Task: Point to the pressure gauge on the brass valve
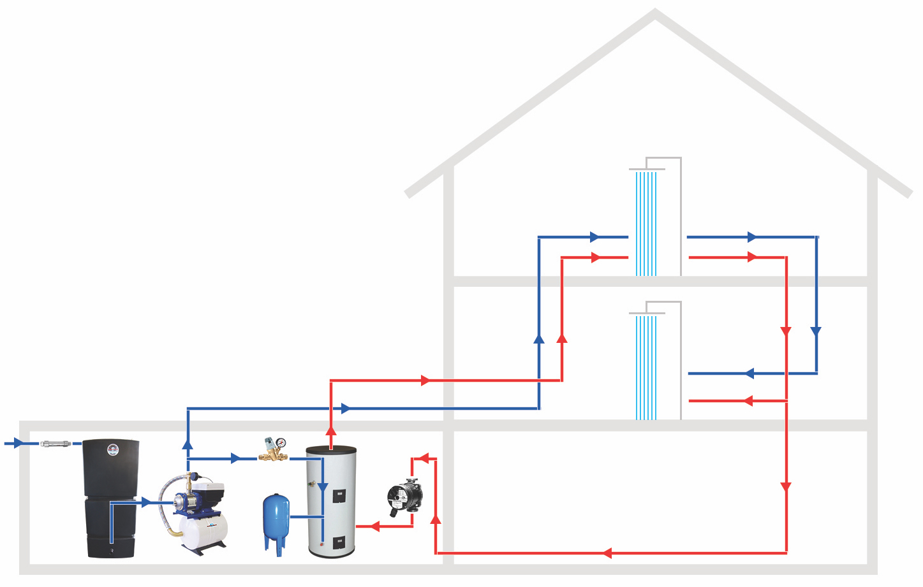[281, 442]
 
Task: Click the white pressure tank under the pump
[203, 532]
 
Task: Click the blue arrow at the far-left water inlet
[18, 443]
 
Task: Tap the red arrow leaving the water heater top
[331, 431]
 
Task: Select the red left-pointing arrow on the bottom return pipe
[607, 553]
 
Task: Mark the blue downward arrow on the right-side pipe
[816, 331]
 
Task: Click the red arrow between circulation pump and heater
[375, 526]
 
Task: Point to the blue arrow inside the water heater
[323, 488]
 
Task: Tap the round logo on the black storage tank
[113, 449]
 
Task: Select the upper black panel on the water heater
[339, 496]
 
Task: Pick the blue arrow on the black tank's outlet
[147, 503]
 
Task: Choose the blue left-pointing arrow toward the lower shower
[749, 373]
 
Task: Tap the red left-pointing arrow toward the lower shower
[748, 401]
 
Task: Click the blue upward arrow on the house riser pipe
[539, 339]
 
